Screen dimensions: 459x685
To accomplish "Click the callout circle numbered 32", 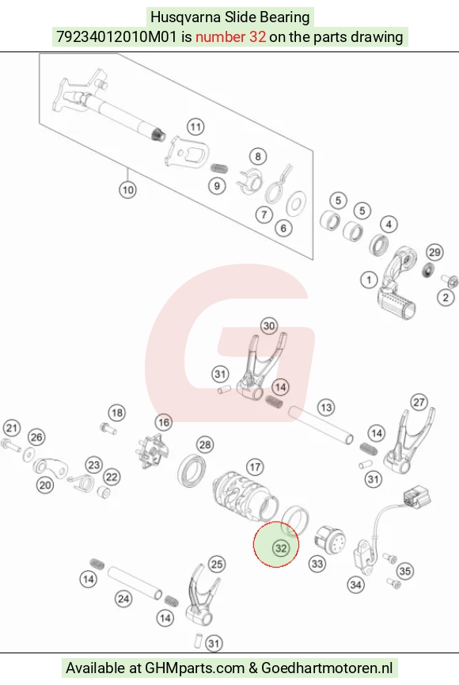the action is (x=280, y=548).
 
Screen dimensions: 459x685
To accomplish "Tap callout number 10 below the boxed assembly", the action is (x=127, y=190).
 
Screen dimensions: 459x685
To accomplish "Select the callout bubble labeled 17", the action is (x=255, y=467).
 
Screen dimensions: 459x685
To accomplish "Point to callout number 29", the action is (x=434, y=252).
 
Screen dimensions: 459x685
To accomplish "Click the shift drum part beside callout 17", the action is (x=245, y=495).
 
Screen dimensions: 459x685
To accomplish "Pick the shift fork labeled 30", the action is (x=260, y=367).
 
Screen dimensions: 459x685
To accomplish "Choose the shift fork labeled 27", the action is (x=408, y=441).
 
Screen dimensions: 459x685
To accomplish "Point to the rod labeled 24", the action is (x=135, y=583).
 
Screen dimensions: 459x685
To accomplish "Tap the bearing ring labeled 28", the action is (x=192, y=471).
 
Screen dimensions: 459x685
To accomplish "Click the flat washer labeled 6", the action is (x=296, y=204).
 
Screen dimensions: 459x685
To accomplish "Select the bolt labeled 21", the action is (x=10, y=446).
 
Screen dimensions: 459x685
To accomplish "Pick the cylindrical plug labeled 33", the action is (x=330, y=540).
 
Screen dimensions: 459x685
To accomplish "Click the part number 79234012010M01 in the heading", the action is (x=116, y=36).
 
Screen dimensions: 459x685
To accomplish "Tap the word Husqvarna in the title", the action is (x=186, y=17).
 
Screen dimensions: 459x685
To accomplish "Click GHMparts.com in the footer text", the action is (x=195, y=668).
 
